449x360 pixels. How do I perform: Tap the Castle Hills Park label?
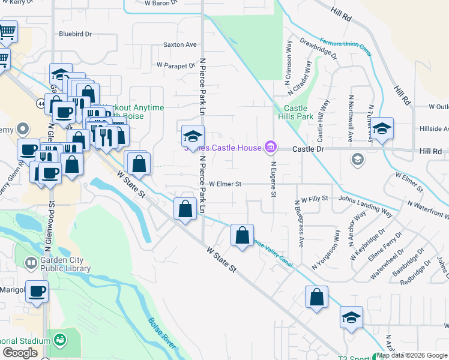pos(295,112)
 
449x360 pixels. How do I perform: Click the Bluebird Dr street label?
pos(74,34)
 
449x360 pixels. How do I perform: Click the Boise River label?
pos(162,333)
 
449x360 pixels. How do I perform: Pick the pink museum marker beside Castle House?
pos(271,146)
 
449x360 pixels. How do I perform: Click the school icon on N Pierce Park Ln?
pos(193,136)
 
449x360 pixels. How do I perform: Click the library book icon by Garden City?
pos(30,263)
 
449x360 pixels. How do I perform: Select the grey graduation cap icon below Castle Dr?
pos(357,159)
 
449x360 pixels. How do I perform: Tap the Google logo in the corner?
pos(20,353)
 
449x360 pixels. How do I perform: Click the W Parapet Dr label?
pos(176,65)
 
